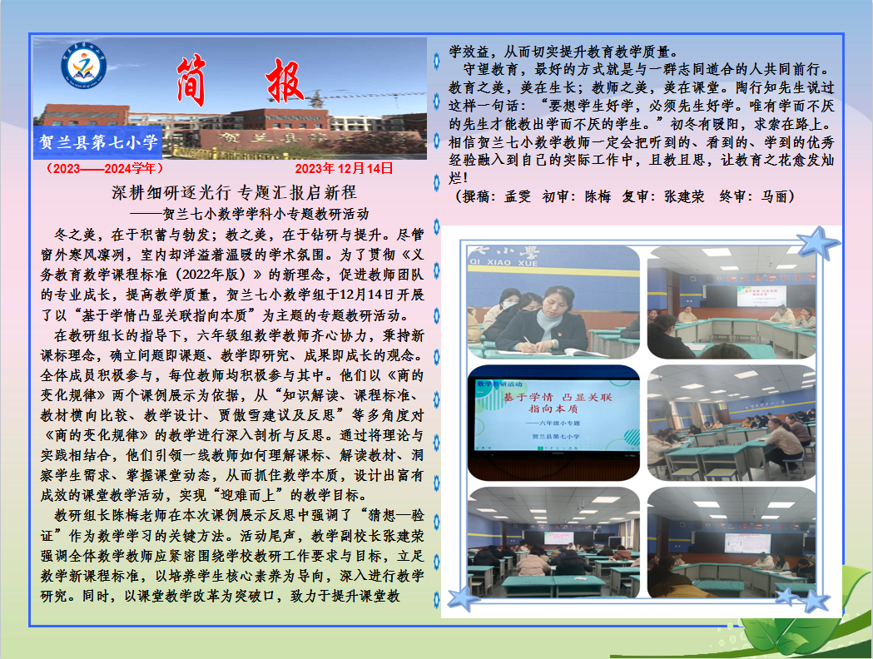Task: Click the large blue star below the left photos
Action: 464,597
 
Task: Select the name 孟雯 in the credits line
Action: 515,196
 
